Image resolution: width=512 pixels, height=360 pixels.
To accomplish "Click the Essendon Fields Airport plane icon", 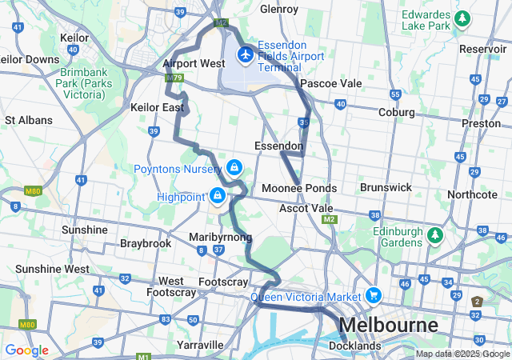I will coord(245,55).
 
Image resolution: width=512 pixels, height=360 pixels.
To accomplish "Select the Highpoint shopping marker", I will coord(217,195).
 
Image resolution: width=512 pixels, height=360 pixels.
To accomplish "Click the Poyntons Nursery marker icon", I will coord(234,168).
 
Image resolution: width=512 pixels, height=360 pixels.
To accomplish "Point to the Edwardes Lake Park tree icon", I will coord(462,18).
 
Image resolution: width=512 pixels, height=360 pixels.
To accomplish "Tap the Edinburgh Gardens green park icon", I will coord(435,236).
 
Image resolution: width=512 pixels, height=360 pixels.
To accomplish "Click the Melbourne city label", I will coord(389,326).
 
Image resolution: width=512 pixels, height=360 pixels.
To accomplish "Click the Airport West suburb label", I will coord(194,63).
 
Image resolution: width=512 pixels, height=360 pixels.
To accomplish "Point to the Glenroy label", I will coord(279,10).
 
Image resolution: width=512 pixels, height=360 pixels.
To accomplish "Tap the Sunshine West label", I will coord(53,269).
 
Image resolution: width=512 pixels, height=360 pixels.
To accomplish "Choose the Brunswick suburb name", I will coord(386,187).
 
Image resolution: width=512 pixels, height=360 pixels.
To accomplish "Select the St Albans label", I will coord(29,120).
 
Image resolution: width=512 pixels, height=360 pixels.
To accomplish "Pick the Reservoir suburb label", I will coord(483,49).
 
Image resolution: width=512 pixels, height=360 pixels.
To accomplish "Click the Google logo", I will coord(26,350).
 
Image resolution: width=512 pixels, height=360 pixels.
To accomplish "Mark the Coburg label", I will coord(397,113).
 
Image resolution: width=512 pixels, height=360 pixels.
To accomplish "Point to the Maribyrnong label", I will coord(221,238).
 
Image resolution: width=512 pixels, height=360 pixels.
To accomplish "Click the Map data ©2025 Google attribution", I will coord(462,354).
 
